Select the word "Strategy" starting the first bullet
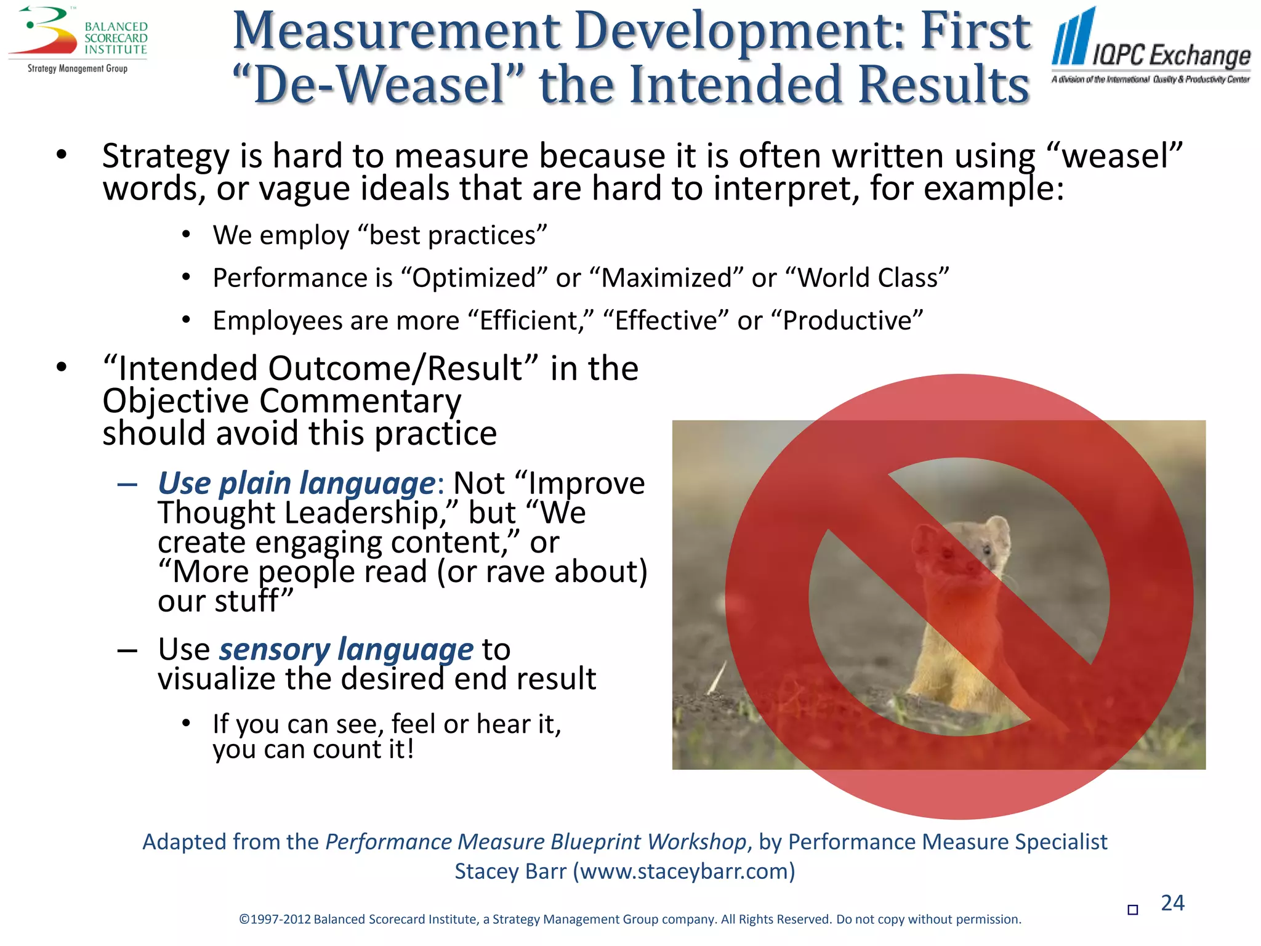(x=166, y=156)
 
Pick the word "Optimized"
(x=477, y=278)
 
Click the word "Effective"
(x=666, y=321)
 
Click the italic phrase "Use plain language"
(x=297, y=483)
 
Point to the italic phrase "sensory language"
(x=346, y=649)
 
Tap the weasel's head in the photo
(x=979, y=542)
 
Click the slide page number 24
(x=1172, y=903)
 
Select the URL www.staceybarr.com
(x=683, y=871)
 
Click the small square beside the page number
(x=1132, y=910)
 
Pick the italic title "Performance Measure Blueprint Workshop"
(x=536, y=842)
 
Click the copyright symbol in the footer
(x=244, y=920)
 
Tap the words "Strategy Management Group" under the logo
(x=78, y=68)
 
